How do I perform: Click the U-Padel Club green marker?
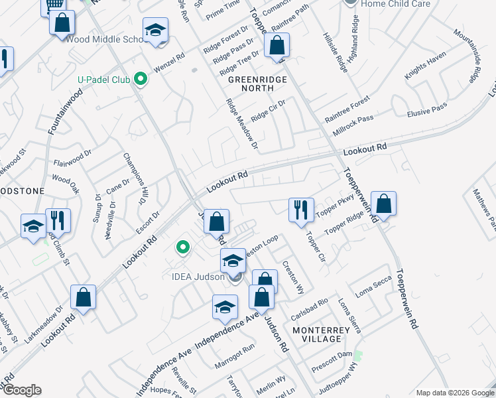pos(140,80)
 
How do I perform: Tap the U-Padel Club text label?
pos(105,80)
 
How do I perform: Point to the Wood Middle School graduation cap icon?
pos(156,31)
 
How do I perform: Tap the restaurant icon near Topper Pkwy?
pos(301,210)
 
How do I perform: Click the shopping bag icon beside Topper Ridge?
pos(383,204)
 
